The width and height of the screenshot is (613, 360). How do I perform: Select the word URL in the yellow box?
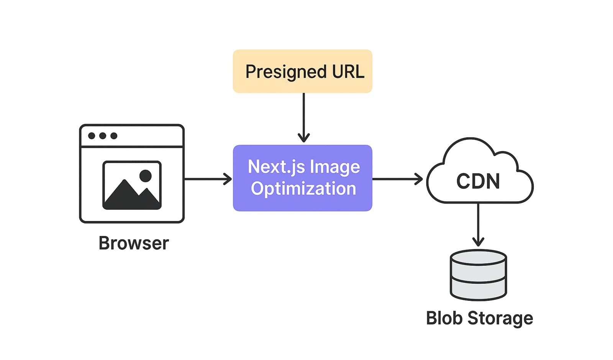pyautogui.click(x=348, y=72)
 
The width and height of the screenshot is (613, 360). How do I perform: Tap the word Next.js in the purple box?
pyautogui.click(x=276, y=167)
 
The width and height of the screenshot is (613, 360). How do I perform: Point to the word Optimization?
pyautogui.click(x=303, y=188)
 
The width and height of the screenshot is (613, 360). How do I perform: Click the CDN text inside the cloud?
pyautogui.click(x=478, y=181)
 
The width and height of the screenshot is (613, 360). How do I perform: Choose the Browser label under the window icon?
pyautogui.click(x=133, y=243)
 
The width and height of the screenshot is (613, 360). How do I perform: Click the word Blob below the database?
pyautogui.click(x=444, y=318)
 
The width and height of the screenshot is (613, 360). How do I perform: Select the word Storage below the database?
pyautogui.click(x=500, y=318)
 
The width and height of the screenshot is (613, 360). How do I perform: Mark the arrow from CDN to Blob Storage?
pyautogui.click(x=478, y=224)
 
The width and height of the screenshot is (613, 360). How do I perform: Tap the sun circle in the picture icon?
pyautogui.click(x=145, y=176)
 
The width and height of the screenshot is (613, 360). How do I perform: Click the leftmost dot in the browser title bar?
pyautogui.click(x=92, y=136)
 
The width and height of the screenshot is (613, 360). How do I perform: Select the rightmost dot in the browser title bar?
pyautogui.click(x=114, y=136)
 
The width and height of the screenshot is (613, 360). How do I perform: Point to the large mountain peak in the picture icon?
pyautogui.click(x=124, y=191)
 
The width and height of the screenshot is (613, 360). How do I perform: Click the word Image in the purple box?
pyautogui.click(x=334, y=167)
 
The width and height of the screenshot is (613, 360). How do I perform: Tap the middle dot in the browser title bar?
pyautogui.click(x=103, y=136)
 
